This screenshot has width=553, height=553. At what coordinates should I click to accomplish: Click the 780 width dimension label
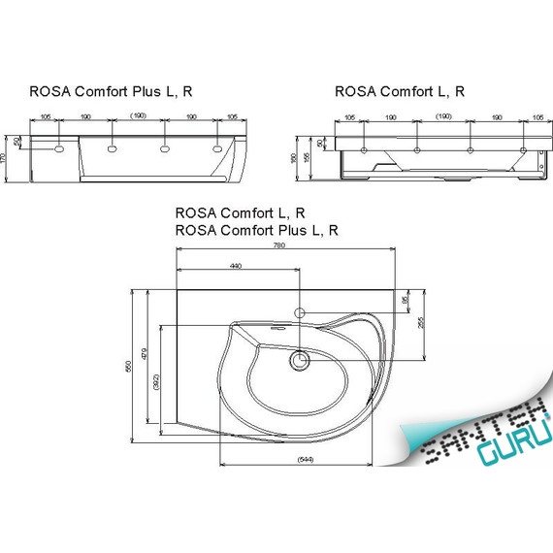(279, 246)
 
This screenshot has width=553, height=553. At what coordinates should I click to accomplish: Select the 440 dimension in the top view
(235, 265)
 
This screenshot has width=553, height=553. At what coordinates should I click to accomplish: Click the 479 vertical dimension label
(144, 355)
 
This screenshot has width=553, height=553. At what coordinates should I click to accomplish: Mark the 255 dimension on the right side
(421, 324)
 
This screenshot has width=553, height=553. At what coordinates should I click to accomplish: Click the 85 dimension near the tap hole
(406, 302)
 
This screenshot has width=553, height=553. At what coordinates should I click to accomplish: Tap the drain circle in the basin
(299, 361)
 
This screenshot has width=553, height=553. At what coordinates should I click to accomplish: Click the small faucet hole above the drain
(300, 313)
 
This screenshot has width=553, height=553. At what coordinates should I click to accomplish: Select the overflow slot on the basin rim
(281, 328)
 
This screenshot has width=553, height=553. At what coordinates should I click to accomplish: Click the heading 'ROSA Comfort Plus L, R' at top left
(111, 91)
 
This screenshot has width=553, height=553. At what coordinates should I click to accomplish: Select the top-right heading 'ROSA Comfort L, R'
(400, 91)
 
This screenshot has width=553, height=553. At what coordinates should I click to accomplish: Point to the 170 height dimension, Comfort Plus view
(6, 158)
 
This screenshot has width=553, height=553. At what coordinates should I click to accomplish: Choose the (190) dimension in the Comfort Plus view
(138, 116)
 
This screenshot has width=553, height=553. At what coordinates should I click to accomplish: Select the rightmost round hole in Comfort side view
(523, 150)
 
